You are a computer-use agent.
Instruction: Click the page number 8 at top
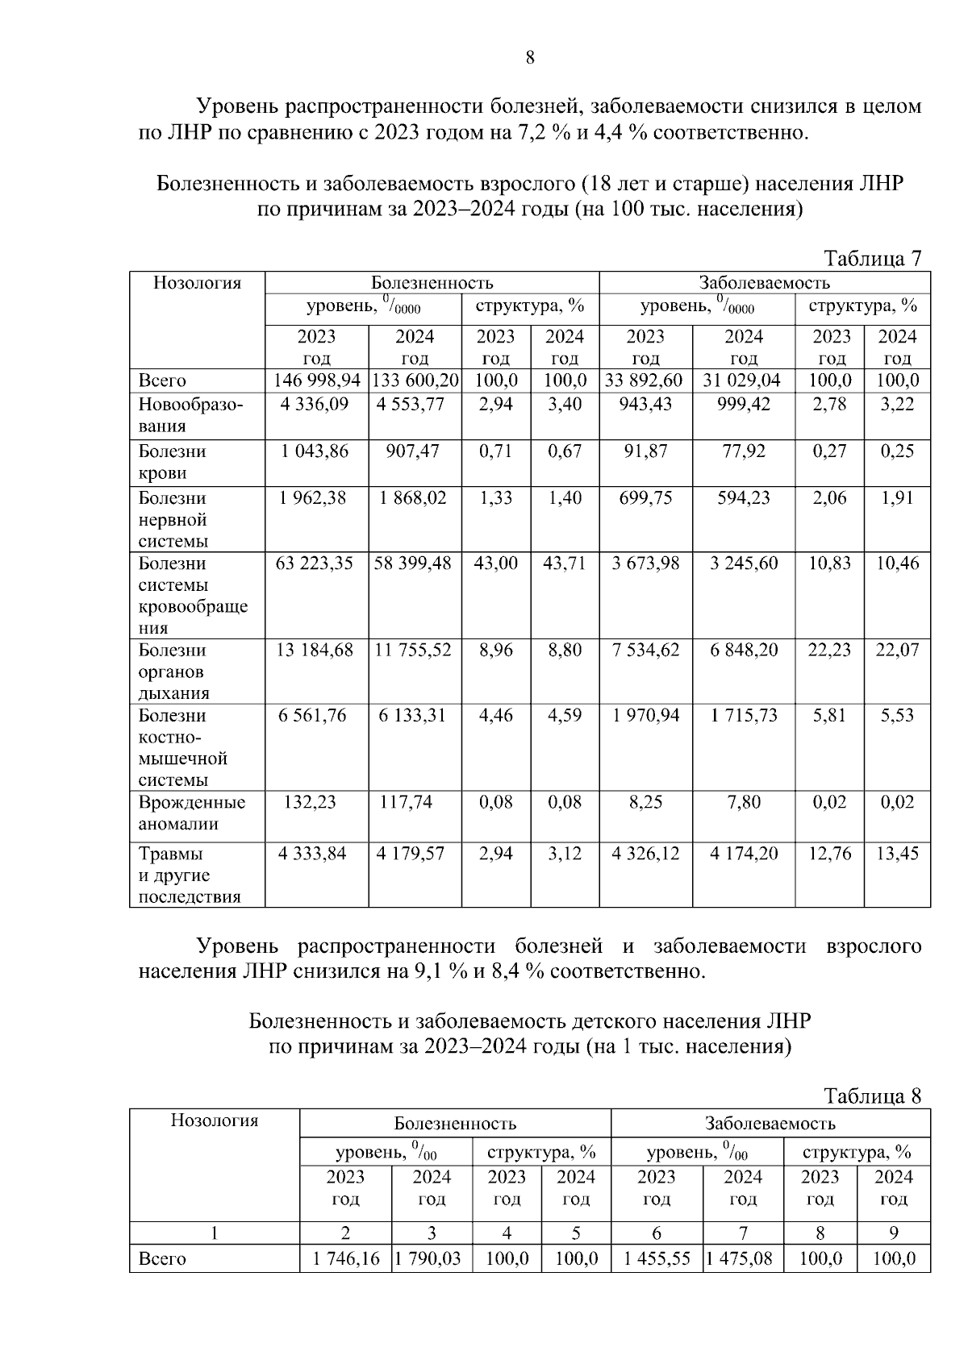click(529, 57)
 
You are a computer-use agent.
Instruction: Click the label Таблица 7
click(871, 259)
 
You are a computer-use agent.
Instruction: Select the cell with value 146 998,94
click(317, 381)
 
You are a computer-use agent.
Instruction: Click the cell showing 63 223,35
click(315, 563)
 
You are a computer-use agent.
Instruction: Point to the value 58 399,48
click(413, 563)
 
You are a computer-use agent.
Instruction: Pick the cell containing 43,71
click(564, 563)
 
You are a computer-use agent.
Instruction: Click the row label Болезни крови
click(172, 463)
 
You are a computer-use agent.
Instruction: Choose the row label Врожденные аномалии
click(192, 813)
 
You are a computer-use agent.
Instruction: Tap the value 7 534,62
click(645, 651)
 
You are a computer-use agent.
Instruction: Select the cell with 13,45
click(897, 854)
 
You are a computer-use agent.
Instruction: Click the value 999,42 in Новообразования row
click(743, 404)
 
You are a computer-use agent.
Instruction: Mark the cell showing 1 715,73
click(744, 716)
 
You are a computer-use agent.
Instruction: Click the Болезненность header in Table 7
click(432, 283)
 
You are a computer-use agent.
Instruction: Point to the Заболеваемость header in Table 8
click(770, 1123)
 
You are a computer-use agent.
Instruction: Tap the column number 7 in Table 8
click(743, 1233)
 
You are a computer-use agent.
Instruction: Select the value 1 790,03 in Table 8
click(432, 1259)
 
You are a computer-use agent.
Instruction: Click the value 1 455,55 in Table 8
click(657, 1259)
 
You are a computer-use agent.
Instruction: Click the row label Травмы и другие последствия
click(190, 875)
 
